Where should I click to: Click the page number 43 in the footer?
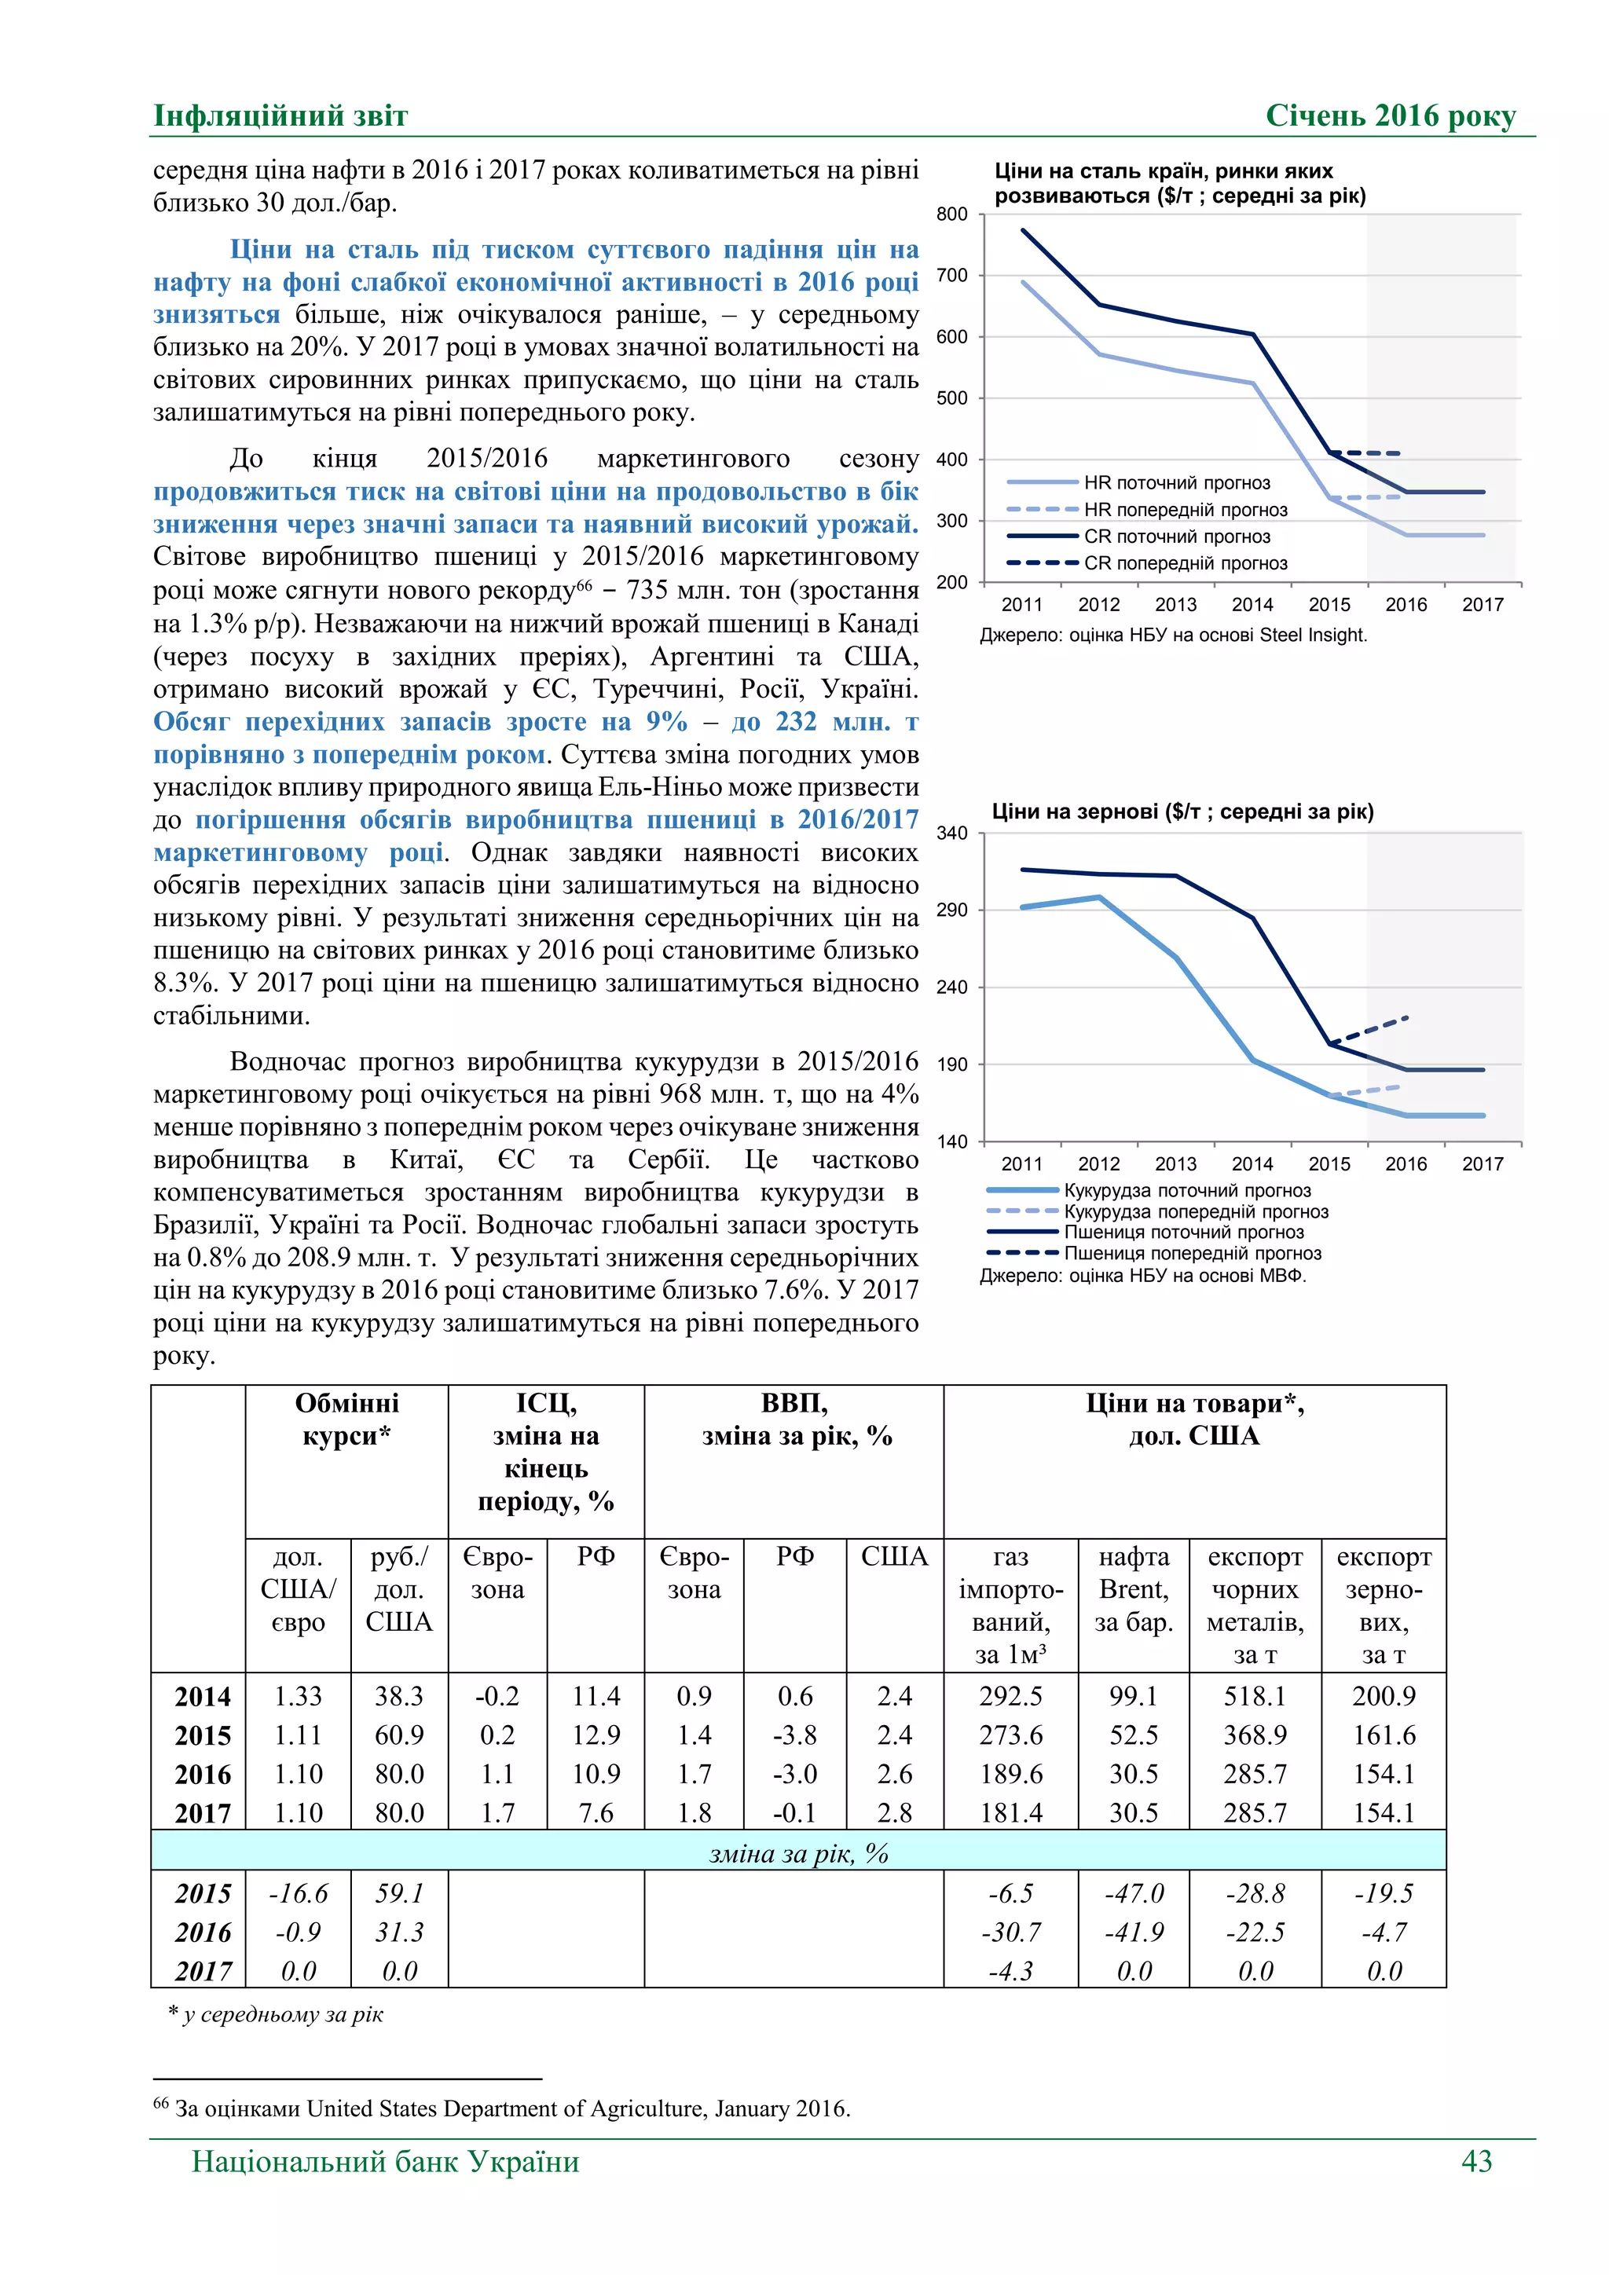point(1475,2161)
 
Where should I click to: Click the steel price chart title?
point(1179,183)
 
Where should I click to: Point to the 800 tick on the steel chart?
point(951,214)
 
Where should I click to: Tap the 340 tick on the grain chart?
point(951,833)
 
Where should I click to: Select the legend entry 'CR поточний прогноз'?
point(1176,536)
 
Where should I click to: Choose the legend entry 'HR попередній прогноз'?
point(1185,509)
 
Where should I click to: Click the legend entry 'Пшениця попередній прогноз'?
point(1192,1254)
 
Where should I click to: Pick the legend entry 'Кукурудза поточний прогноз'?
point(1186,1190)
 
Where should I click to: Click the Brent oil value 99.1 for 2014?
point(1134,1696)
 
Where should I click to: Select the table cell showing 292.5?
point(1010,1696)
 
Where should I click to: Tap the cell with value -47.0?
point(1134,1893)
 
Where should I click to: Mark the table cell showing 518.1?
point(1255,1696)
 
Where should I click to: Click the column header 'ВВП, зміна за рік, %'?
point(796,1419)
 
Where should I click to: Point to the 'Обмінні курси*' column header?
point(346,1419)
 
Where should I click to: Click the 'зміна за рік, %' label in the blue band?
point(797,1853)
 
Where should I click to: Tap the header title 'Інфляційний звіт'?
point(280,116)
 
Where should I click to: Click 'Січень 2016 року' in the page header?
point(1390,116)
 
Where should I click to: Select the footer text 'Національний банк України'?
point(386,2161)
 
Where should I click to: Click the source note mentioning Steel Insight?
point(1173,636)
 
